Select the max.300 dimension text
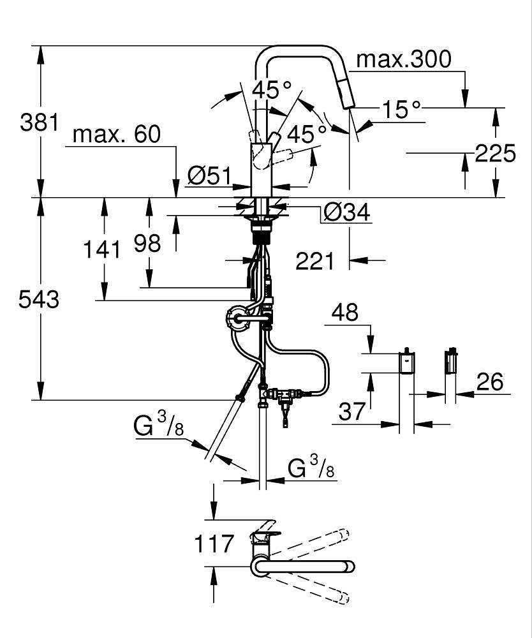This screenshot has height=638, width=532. tap(404, 59)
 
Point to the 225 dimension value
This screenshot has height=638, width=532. tap(495, 154)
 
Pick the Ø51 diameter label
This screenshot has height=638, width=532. tap(209, 176)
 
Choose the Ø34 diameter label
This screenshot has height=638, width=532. tap(347, 212)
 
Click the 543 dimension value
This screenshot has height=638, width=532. tap(39, 299)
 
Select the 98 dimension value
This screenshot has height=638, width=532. tap(147, 243)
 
